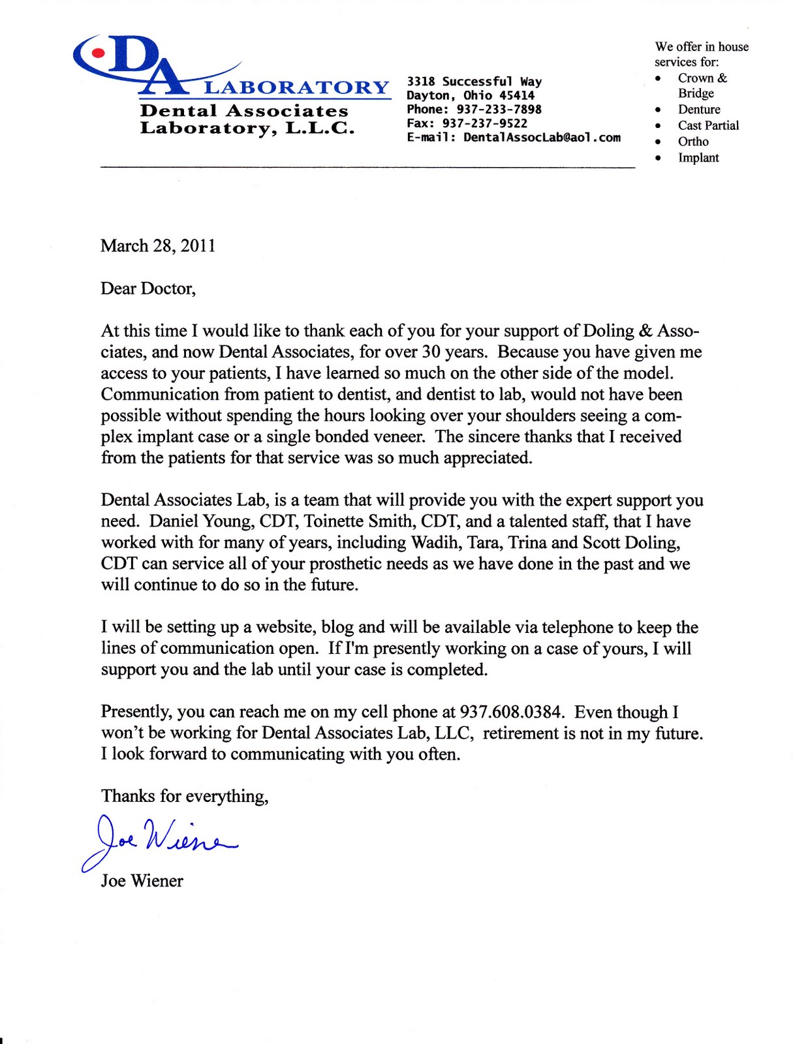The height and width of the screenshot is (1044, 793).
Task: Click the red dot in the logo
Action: [x=98, y=53]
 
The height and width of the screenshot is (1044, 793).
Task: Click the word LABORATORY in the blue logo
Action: [x=297, y=87]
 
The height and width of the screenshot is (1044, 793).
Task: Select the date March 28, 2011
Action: [x=158, y=246]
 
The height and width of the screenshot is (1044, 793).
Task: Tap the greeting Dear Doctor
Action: [x=148, y=288]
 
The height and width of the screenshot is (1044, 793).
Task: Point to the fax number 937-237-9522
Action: [x=485, y=123]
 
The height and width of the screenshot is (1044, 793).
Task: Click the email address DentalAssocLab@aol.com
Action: [x=542, y=138]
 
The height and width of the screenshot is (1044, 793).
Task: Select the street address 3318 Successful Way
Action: [x=474, y=82]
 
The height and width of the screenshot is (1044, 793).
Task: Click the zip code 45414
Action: [x=517, y=95]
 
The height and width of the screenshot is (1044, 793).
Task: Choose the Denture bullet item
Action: [x=699, y=110]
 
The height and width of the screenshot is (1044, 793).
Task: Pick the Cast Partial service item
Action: [x=708, y=125]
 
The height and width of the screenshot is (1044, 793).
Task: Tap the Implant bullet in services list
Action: [x=698, y=157]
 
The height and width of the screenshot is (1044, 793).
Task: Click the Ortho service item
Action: [x=693, y=142]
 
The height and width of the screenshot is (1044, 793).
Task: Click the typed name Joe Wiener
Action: [x=142, y=881]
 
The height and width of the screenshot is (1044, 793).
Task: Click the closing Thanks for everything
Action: [x=185, y=796]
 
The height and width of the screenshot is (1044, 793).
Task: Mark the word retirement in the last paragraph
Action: [x=521, y=733]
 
